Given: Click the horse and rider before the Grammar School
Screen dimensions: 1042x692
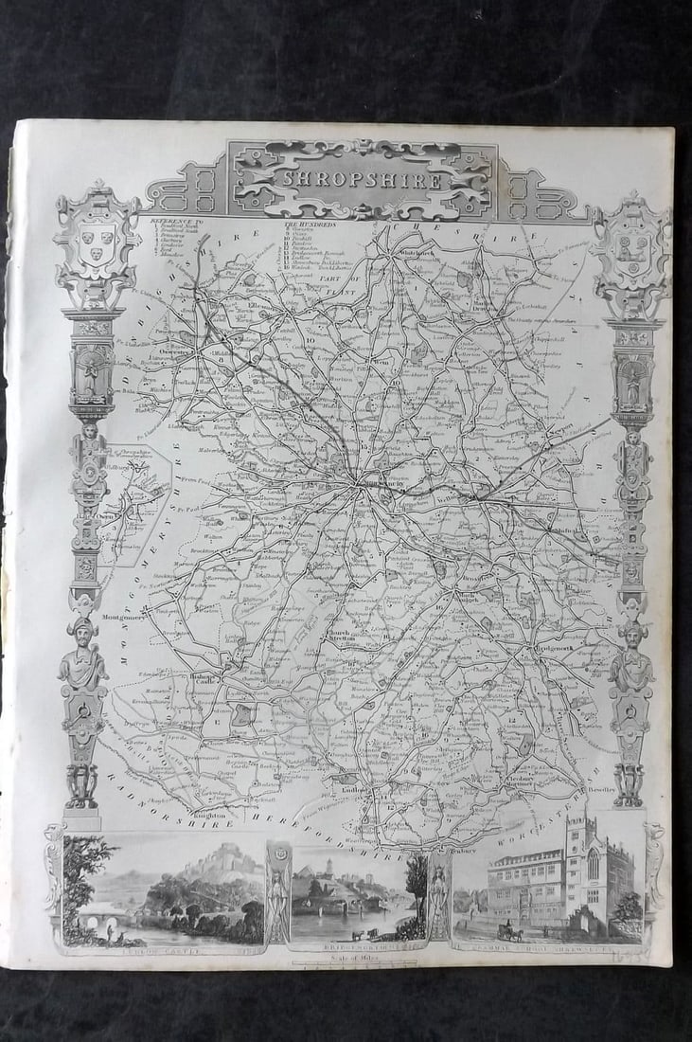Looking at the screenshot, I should [x=511, y=933].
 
